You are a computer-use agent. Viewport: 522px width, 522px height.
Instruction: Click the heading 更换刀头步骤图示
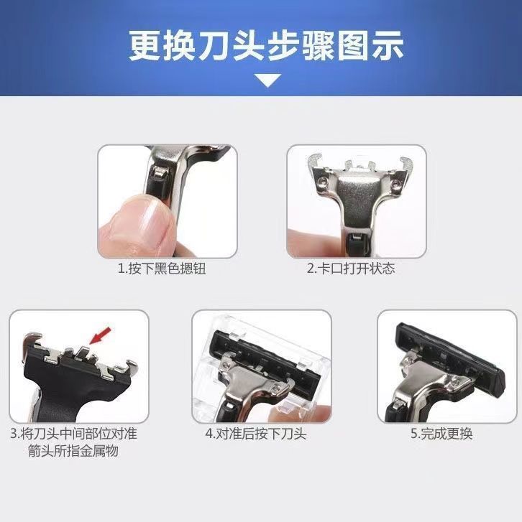click(x=265, y=46)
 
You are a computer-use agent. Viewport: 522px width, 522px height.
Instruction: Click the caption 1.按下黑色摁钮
click(x=162, y=269)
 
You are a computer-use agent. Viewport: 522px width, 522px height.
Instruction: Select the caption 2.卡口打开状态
click(x=351, y=269)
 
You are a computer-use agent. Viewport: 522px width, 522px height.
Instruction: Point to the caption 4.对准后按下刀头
click(x=256, y=434)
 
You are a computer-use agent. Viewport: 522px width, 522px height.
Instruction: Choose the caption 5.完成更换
click(x=441, y=434)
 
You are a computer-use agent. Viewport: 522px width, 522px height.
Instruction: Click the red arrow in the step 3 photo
click(x=100, y=335)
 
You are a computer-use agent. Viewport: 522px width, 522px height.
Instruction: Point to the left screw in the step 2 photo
click(x=322, y=180)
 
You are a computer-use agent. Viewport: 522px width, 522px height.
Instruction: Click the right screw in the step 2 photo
click(x=395, y=182)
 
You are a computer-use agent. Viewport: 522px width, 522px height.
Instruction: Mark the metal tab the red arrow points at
click(x=83, y=353)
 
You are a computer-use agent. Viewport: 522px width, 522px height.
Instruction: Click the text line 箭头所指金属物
click(x=73, y=451)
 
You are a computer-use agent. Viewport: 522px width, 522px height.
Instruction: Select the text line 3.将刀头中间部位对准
click(x=73, y=434)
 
